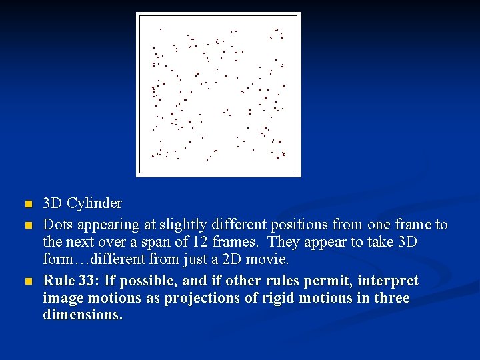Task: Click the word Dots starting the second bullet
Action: click(x=57, y=225)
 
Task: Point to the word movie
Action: click(x=267, y=258)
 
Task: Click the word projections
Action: click(x=207, y=298)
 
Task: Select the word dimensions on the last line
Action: click(x=82, y=315)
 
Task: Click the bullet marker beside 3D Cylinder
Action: click(x=27, y=203)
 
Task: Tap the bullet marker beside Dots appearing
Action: click(x=27, y=225)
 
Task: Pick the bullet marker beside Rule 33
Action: click(x=27, y=281)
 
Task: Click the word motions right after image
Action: click(x=107, y=298)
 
